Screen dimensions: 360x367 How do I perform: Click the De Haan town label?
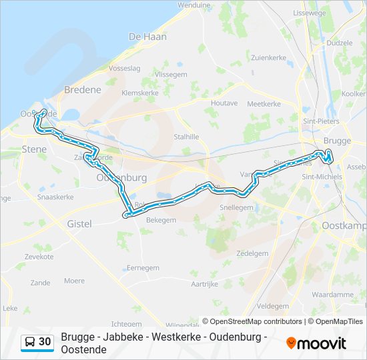point(147,37)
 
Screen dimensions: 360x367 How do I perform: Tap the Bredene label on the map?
point(83,89)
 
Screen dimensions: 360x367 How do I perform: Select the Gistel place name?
point(79,224)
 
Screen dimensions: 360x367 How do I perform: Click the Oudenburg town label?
point(121,178)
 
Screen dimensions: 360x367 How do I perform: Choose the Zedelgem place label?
point(252,253)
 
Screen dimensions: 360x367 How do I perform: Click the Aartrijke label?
point(205,283)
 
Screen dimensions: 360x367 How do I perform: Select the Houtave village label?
point(224,103)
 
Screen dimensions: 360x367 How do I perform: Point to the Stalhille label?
point(186,137)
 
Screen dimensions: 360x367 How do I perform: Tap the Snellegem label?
point(237,207)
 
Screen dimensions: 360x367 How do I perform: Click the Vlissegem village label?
point(170,75)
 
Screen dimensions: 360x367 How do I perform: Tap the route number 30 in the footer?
point(45,342)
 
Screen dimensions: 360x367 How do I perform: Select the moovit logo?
point(316,343)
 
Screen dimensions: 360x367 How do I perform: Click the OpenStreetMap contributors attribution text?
point(252,321)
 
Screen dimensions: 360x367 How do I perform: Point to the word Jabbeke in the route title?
point(124,337)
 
